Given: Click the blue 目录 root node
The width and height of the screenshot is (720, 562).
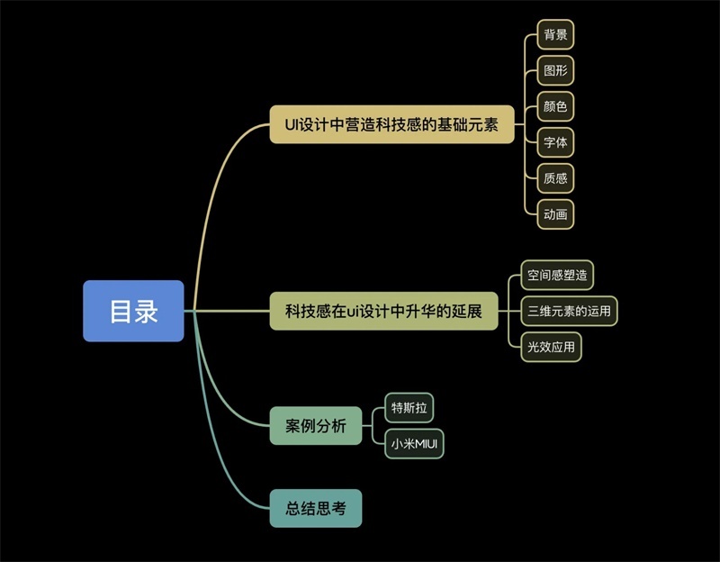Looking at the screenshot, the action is click(133, 311).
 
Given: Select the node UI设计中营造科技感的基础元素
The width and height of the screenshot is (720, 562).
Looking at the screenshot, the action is click(391, 124).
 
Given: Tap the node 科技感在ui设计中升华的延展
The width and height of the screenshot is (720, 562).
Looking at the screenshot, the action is click(383, 311).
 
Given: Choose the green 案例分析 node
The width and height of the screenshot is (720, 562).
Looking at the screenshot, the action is click(316, 425).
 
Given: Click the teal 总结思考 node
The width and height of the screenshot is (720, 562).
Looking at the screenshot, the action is click(316, 508).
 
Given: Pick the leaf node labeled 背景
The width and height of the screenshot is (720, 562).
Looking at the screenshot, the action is click(555, 34).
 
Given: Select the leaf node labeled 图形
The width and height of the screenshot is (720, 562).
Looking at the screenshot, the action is click(555, 70).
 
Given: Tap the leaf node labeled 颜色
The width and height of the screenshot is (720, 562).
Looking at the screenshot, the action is click(555, 106).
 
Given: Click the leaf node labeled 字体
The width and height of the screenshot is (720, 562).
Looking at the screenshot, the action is click(555, 142).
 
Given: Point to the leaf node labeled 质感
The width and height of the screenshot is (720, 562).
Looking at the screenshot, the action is click(555, 178).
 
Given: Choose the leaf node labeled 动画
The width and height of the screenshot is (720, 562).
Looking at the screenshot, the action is click(555, 214).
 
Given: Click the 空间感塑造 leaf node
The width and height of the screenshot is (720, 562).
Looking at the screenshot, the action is click(557, 275).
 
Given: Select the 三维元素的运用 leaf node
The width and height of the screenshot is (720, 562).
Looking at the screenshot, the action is click(569, 311).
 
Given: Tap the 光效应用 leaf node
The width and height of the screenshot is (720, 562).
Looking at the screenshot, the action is click(551, 347).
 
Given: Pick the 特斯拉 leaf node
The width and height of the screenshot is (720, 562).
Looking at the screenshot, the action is click(409, 408).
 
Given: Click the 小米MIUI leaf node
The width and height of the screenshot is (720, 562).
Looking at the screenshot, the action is click(414, 443).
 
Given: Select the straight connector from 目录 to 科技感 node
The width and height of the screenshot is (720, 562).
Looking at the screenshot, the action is click(227, 311).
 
